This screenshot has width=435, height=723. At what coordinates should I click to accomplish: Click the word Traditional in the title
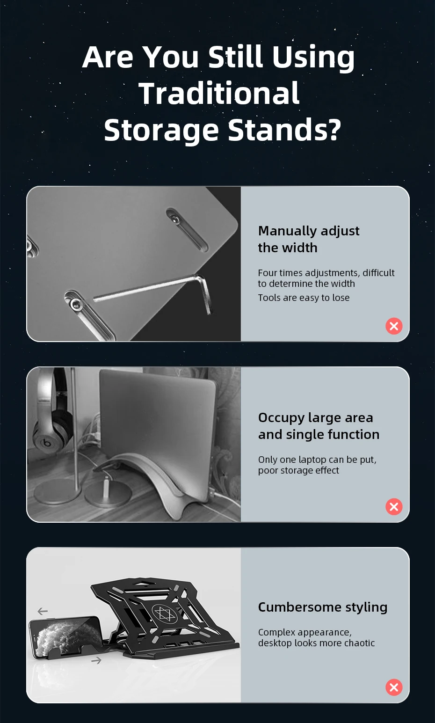(x=219, y=93)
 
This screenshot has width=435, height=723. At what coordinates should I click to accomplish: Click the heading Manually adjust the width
(x=309, y=239)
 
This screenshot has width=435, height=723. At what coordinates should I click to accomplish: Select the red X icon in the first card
(x=394, y=326)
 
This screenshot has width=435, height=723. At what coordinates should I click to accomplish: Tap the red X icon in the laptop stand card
(x=394, y=506)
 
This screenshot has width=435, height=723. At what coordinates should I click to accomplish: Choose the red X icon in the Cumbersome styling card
(x=394, y=687)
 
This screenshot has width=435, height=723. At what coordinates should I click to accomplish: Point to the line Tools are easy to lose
(x=304, y=298)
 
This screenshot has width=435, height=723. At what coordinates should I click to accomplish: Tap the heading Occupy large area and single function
(x=319, y=426)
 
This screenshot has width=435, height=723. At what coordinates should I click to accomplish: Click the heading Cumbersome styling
(x=323, y=607)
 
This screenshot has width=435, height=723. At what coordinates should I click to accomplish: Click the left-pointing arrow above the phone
(x=43, y=611)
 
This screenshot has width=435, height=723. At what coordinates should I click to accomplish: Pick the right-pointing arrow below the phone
(x=96, y=661)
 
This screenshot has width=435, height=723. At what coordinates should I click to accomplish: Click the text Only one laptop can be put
(x=317, y=459)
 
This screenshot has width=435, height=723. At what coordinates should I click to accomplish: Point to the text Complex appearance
(x=305, y=632)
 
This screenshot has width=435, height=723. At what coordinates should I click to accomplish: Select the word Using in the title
(x=313, y=58)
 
